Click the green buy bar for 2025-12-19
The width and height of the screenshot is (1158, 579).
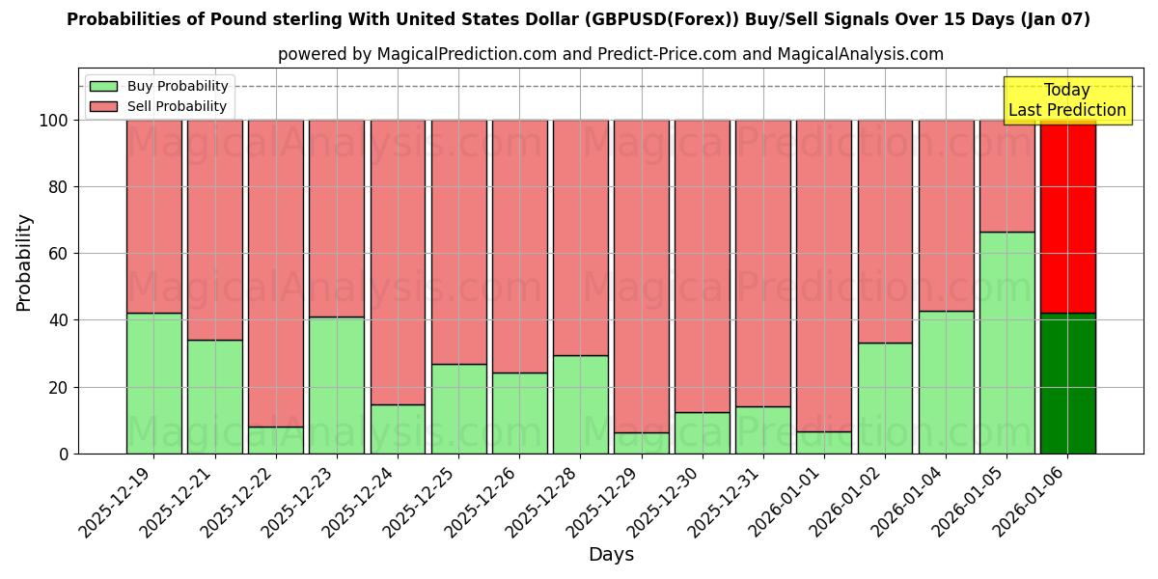(153, 383)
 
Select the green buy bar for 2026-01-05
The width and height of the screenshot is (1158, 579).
(1006, 343)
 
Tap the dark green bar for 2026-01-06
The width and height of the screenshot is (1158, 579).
(1067, 383)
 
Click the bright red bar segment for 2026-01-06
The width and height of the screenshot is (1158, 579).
(1067, 217)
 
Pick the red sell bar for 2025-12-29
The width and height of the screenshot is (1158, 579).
(641, 276)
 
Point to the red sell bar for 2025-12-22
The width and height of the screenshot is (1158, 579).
(276, 273)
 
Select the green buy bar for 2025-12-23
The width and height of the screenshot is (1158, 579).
(337, 385)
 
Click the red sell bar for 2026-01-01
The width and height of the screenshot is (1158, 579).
(824, 276)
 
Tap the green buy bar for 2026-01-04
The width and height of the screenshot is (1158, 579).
(946, 382)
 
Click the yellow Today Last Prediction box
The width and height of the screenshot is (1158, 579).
(1066, 100)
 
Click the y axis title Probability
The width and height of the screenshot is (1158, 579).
(24, 262)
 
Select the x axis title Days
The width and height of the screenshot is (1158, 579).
(611, 555)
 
